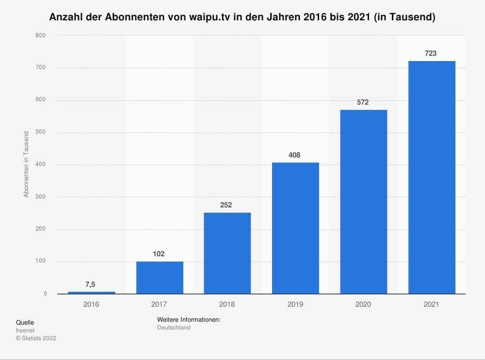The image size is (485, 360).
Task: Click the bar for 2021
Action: click(x=431, y=177)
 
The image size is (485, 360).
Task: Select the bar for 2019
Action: click(x=295, y=228)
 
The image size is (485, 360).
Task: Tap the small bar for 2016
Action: click(x=91, y=292)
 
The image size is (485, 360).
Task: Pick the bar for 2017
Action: click(x=159, y=277)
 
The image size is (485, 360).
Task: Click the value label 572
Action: click(x=363, y=102)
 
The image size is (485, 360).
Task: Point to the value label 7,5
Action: click(x=91, y=284)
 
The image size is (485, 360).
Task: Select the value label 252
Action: click(x=226, y=205)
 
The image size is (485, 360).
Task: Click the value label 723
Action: click(x=431, y=53)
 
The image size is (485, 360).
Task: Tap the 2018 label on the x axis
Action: click(x=227, y=304)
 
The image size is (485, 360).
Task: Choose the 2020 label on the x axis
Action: click(x=363, y=304)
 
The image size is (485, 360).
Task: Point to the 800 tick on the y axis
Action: click(x=41, y=35)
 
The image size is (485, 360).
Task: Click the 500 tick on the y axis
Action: click(x=41, y=132)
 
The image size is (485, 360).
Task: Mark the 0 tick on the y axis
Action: click(x=45, y=294)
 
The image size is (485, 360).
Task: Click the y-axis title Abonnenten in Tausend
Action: click(x=26, y=164)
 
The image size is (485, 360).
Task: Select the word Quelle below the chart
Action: click(x=25, y=322)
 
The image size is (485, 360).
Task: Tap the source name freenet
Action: click(x=25, y=330)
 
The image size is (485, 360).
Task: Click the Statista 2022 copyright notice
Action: click(x=36, y=338)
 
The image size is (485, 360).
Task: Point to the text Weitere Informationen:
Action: click(x=189, y=320)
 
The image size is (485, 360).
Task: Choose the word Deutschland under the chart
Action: click(x=174, y=328)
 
